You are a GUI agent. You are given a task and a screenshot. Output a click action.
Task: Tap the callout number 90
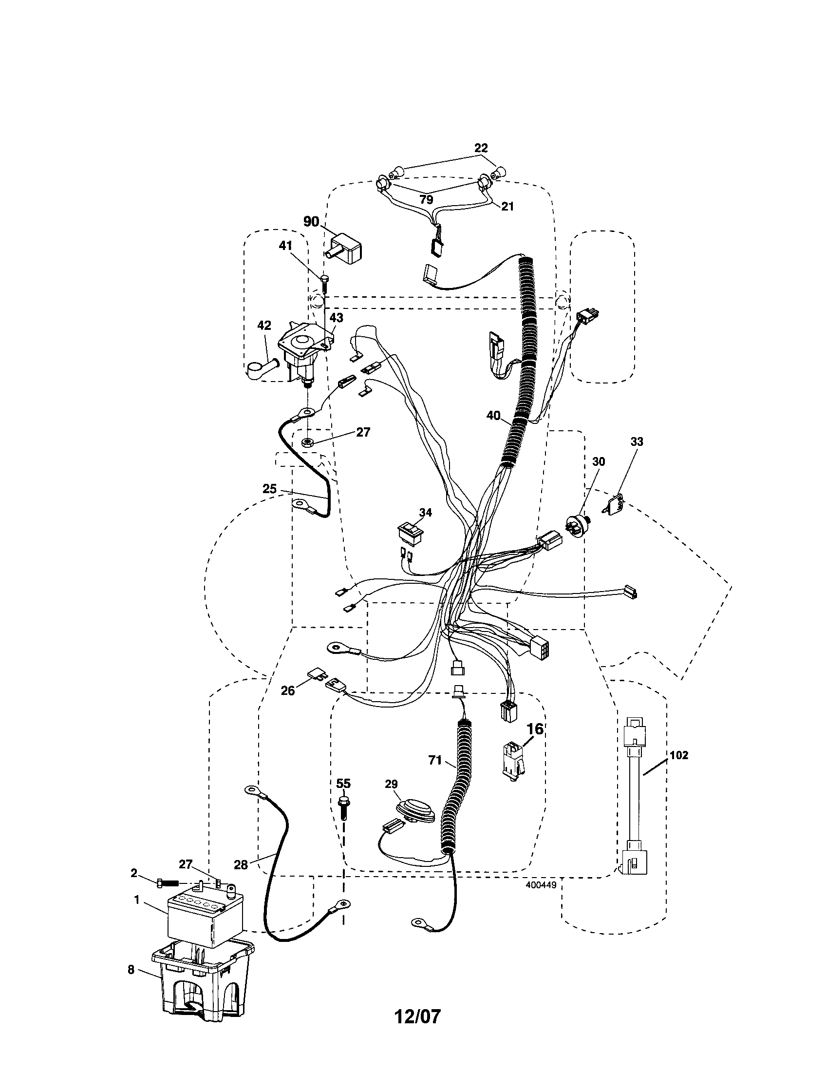click(x=311, y=221)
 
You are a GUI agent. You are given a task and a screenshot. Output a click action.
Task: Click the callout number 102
click(x=679, y=755)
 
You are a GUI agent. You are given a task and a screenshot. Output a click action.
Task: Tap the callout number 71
click(x=435, y=760)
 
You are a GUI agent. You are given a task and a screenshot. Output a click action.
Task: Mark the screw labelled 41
click(x=324, y=283)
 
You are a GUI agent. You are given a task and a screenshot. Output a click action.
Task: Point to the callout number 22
click(x=481, y=148)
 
